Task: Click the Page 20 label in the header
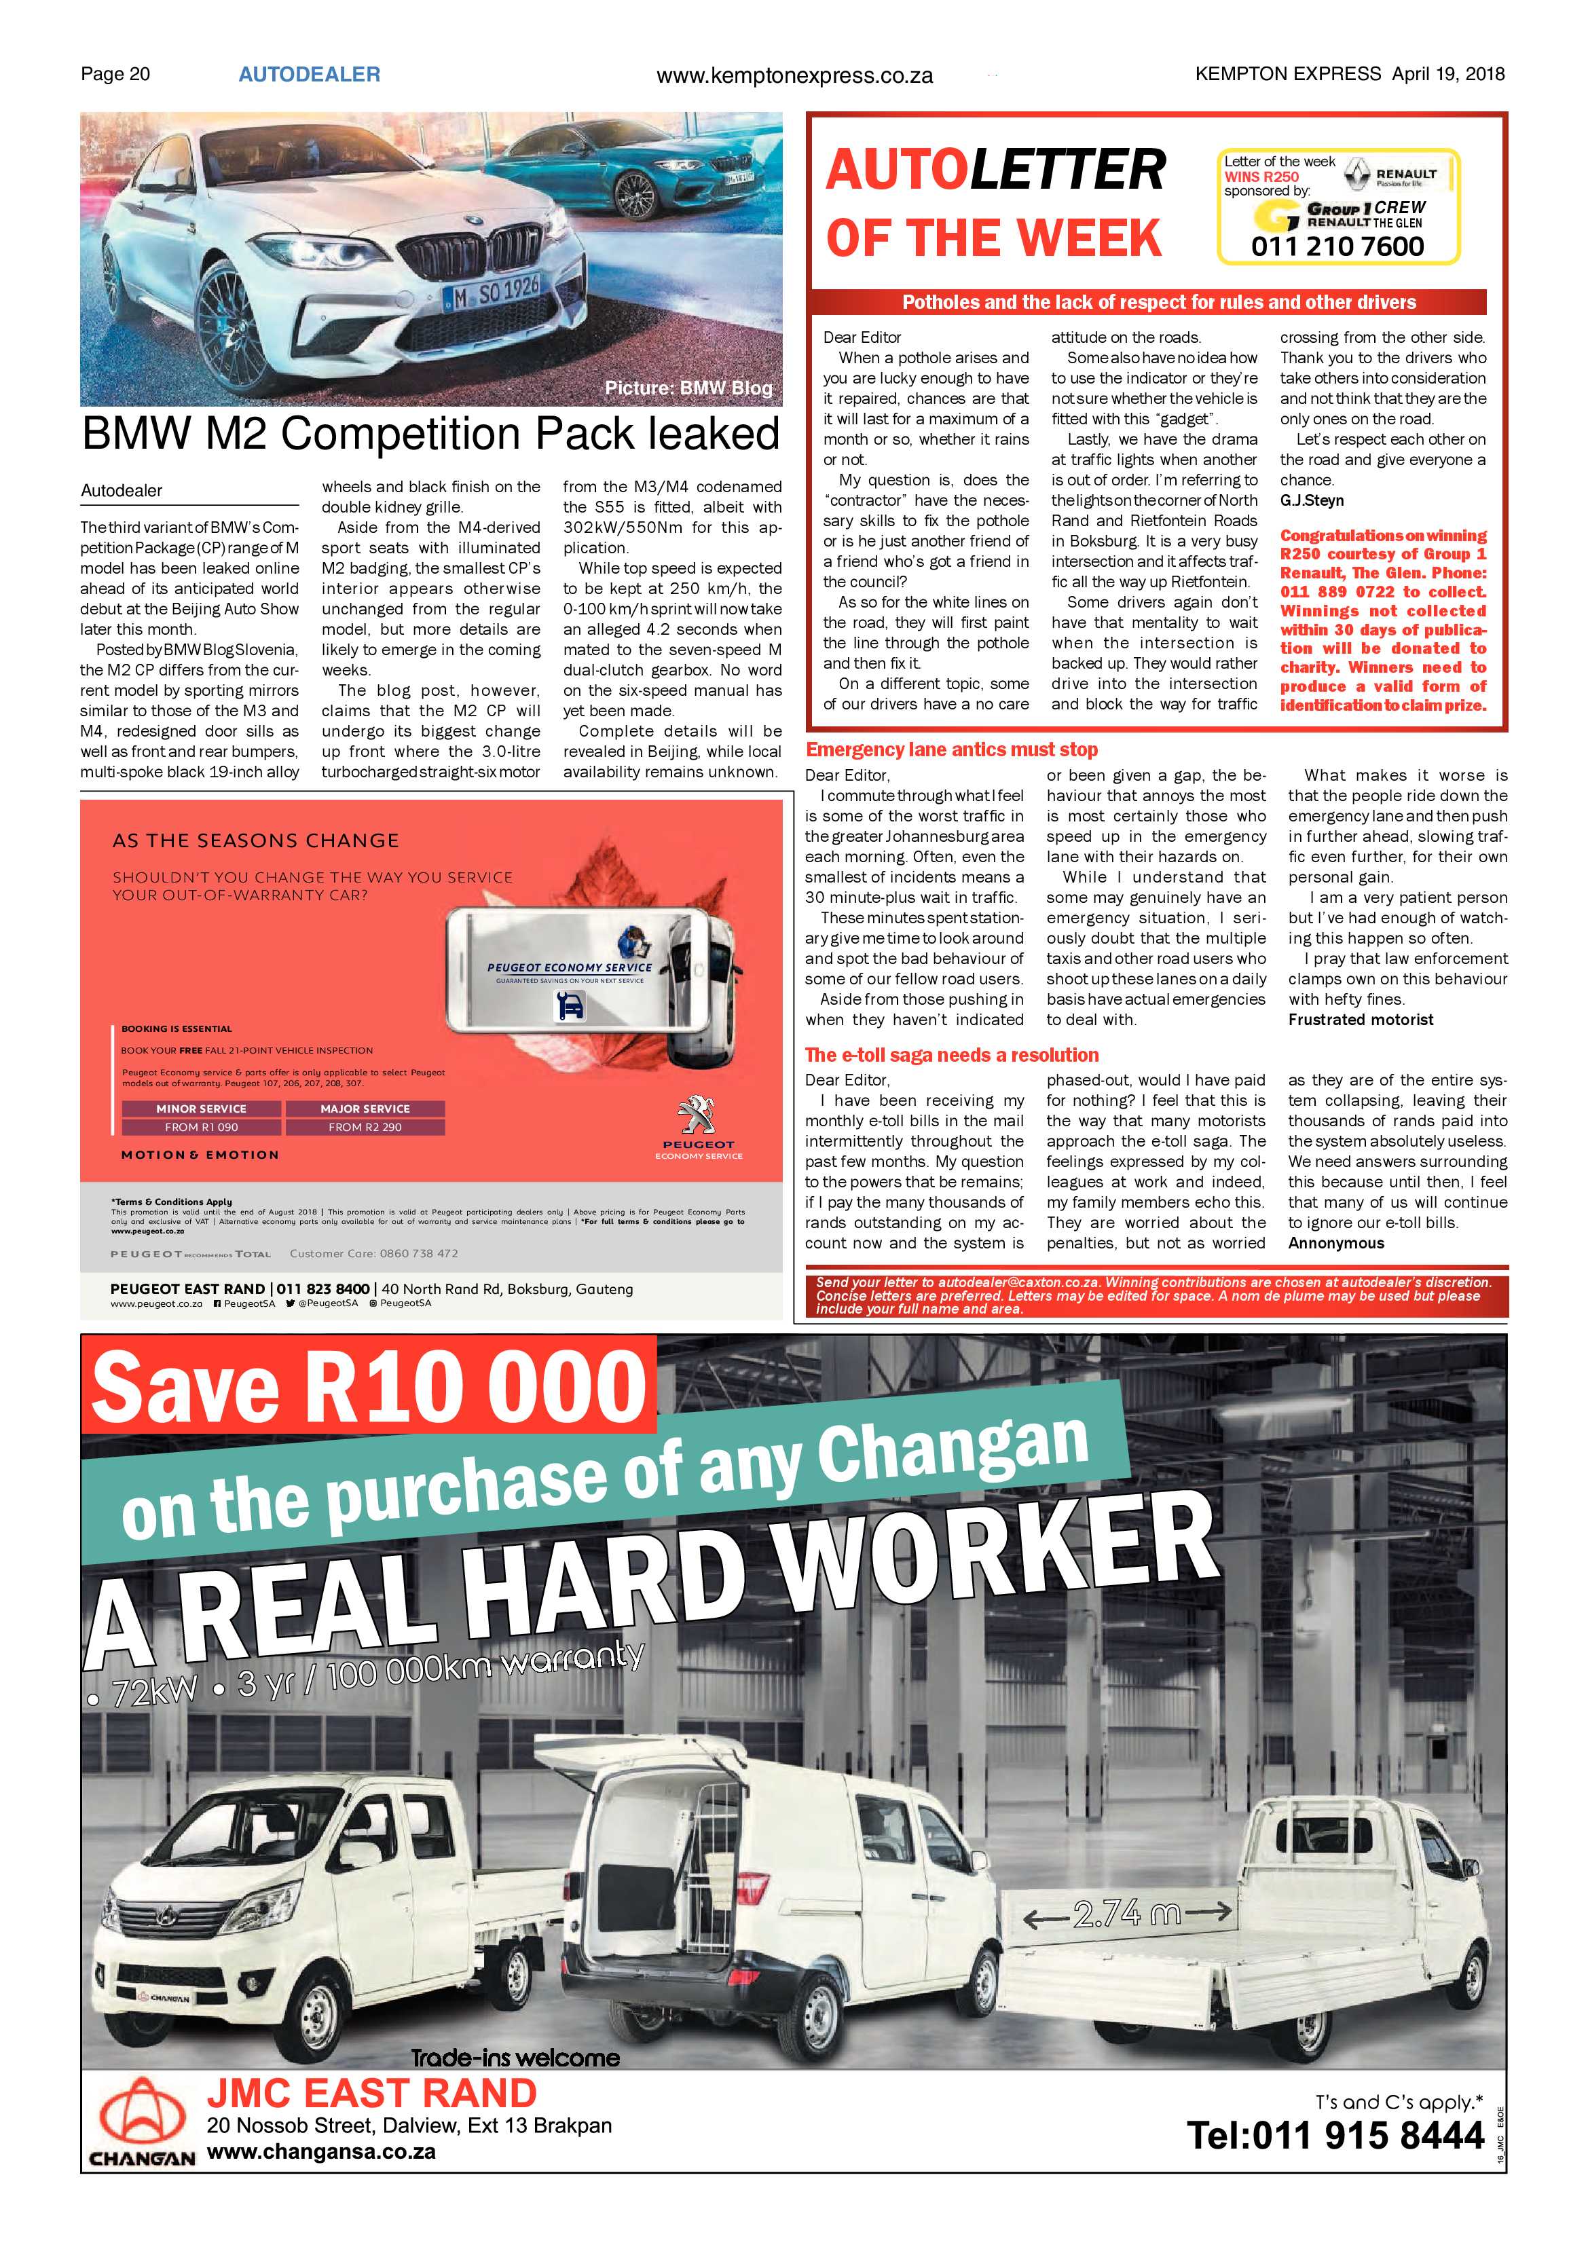pyautogui.click(x=115, y=74)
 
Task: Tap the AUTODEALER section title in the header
pyautogui.click(x=309, y=74)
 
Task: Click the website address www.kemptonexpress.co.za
pyautogui.click(x=794, y=75)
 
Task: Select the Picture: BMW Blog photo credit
pyautogui.click(x=688, y=388)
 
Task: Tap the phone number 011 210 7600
pyautogui.click(x=1337, y=246)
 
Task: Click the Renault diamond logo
pyautogui.click(x=1355, y=174)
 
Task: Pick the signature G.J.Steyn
pyautogui.click(x=1311, y=500)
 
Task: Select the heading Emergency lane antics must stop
pyautogui.click(x=951, y=750)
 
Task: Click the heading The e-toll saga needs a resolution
pyautogui.click(x=951, y=1055)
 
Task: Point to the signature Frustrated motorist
pyautogui.click(x=1360, y=1020)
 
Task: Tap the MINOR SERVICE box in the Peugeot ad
pyautogui.click(x=202, y=1109)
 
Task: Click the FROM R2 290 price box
pyautogui.click(x=365, y=1128)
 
